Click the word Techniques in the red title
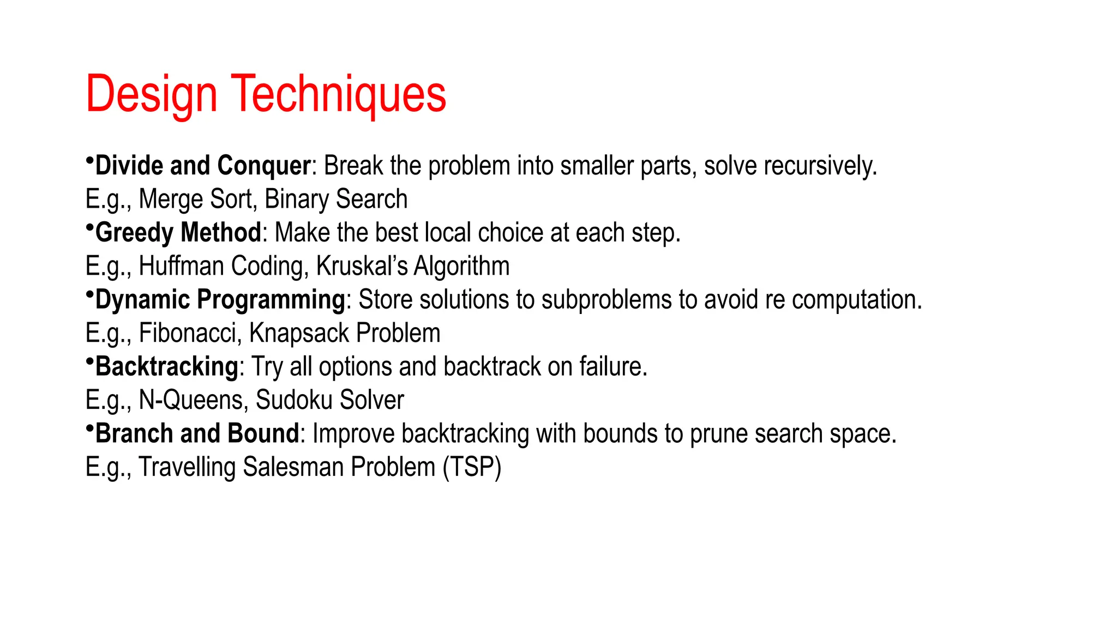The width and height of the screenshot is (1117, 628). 339,94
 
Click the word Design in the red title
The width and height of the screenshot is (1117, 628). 151,94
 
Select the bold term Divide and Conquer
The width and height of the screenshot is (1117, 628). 203,165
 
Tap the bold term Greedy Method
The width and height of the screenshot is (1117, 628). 178,232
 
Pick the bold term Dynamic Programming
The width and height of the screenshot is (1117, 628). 220,299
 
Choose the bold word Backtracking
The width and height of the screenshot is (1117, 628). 166,366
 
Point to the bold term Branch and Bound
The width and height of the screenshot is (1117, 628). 197,433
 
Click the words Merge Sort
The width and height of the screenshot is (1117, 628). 197,199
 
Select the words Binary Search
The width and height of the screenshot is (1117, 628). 336,199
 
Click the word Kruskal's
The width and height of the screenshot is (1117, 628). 362,266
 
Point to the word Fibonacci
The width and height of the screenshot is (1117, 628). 190,333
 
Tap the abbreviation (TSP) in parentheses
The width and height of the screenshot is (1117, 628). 472,467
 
